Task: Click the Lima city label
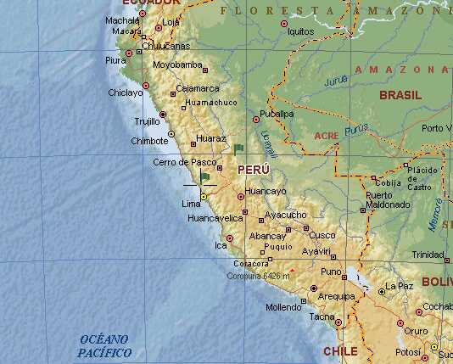[x=191, y=204]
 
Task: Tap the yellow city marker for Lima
[x=204, y=197]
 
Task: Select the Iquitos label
[x=301, y=31]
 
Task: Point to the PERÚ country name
[x=254, y=170]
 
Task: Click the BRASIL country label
[x=400, y=95]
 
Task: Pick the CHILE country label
[x=339, y=350]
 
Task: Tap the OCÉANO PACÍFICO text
[x=104, y=345]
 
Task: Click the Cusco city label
[x=322, y=235]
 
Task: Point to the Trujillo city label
[x=146, y=120]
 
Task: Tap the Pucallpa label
[x=277, y=113]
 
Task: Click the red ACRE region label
[x=326, y=136]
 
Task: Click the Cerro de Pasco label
[x=185, y=161]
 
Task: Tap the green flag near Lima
[x=204, y=176]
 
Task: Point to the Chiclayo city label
[x=126, y=92]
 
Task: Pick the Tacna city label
[x=322, y=316]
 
